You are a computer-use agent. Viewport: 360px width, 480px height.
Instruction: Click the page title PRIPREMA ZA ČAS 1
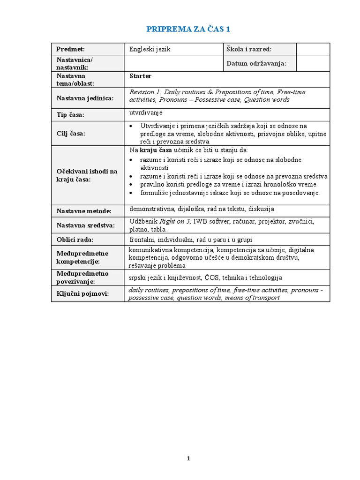[189, 29]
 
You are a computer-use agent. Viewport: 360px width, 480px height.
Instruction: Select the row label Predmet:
[71, 49]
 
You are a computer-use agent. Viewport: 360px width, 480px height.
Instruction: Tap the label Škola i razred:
[249, 49]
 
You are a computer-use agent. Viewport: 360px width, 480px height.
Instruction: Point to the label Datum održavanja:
[256, 63]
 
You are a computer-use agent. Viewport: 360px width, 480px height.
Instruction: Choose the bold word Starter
[140, 75]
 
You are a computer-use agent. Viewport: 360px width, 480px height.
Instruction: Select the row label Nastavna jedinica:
[85, 98]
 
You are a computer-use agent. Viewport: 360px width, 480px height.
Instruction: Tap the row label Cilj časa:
[72, 134]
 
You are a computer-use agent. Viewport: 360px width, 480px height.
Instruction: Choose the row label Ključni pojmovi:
[82, 293]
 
